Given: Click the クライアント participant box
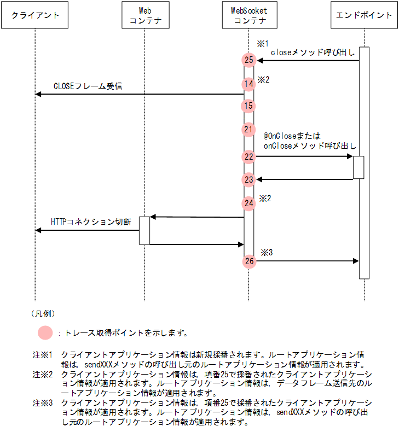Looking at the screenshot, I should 35,15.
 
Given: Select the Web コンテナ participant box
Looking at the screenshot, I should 144,15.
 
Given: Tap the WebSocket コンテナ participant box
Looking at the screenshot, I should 250,15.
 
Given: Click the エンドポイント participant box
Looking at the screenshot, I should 365,15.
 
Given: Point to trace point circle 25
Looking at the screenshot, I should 249,60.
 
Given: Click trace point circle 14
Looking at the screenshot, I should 249,84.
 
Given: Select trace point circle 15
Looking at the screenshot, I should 249,106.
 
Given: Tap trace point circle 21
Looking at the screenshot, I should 249,130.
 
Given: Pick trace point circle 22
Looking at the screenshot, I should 249,157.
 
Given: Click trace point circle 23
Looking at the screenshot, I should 249,179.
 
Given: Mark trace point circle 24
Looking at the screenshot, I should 249,203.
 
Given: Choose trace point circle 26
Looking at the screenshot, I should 249,261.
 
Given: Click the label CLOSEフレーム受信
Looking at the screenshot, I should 88,86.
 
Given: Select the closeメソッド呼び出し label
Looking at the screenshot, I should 313,52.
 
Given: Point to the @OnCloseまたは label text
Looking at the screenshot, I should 292,136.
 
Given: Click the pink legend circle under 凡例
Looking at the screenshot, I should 45,332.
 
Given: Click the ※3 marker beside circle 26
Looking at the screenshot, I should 266,253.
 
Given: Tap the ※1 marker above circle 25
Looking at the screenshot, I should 263,43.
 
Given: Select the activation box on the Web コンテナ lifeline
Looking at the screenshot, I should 144,230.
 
